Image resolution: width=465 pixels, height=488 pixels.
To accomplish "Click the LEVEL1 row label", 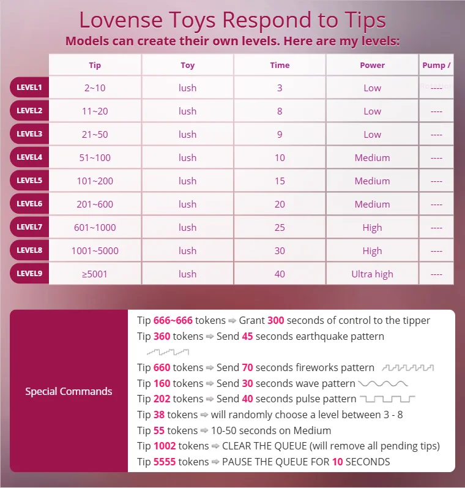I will tap(29, 88).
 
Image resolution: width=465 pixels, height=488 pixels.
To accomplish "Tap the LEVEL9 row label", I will tap(29, 274).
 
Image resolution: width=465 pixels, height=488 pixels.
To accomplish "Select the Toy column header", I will tap(187, 65).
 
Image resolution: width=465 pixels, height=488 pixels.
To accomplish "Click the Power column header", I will tap(372, 65).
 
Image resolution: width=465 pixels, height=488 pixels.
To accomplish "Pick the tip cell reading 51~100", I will tap(95, 157).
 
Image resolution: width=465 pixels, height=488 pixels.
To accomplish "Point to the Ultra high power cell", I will tap(372, 274).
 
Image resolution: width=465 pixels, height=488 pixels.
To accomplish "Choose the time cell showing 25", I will tap(280, 227).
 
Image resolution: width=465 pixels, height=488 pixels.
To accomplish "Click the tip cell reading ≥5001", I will tap(95, 274).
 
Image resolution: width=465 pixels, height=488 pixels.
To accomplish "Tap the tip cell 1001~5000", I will tap(95, 250).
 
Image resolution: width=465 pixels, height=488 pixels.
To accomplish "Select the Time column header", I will tap(280, 65).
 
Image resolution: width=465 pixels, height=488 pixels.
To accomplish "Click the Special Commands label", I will tap(69, 391).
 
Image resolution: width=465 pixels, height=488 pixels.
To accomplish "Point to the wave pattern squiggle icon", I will tap(383, 384).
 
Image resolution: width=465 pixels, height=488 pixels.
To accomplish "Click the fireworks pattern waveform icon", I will tap(407, 368).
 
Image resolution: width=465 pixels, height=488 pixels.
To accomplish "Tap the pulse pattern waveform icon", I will tap(387, 399).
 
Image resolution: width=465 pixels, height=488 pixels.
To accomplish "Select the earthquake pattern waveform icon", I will tap(168, 352).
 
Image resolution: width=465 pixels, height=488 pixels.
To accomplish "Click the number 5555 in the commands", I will tap(165, 461).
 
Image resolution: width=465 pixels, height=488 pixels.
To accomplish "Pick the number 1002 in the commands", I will tap(165, 446).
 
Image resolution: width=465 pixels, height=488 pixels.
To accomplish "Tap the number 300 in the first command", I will tap(275, 320).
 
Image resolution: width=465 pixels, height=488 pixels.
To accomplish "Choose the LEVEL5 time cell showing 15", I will tap(280, 181).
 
